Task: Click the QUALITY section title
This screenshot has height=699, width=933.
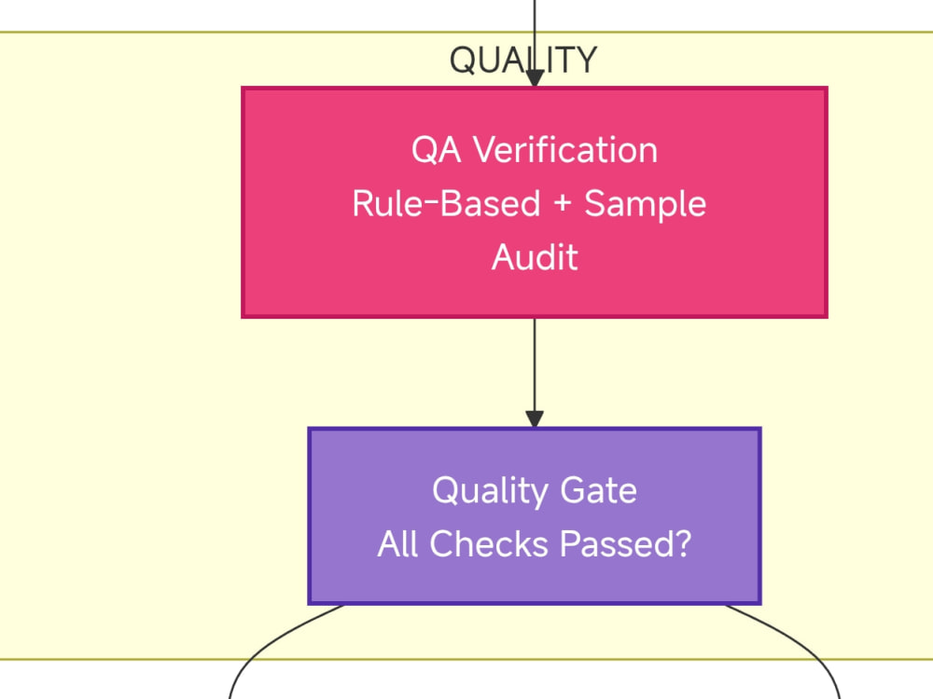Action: (523, 60)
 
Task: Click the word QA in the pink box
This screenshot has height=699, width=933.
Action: (436, 150)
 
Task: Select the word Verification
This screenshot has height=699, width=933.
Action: (565, 149)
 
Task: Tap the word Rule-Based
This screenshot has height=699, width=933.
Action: (446, 203)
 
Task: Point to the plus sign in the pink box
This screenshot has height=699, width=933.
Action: (563, 204)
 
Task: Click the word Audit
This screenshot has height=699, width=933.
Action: (535, 257)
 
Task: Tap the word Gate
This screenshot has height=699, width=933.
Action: (599, 490)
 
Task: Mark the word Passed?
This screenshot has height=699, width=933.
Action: (626, 544)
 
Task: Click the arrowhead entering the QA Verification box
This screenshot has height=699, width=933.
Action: (535, 79)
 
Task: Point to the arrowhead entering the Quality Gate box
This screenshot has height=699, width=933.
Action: (535, 419)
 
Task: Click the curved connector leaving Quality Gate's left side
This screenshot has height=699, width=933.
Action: (268, 642)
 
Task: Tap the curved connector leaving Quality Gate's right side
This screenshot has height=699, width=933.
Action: (801, 642)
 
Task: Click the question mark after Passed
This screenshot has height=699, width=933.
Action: (684, 544)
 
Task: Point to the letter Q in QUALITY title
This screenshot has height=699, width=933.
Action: (461, 61)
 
